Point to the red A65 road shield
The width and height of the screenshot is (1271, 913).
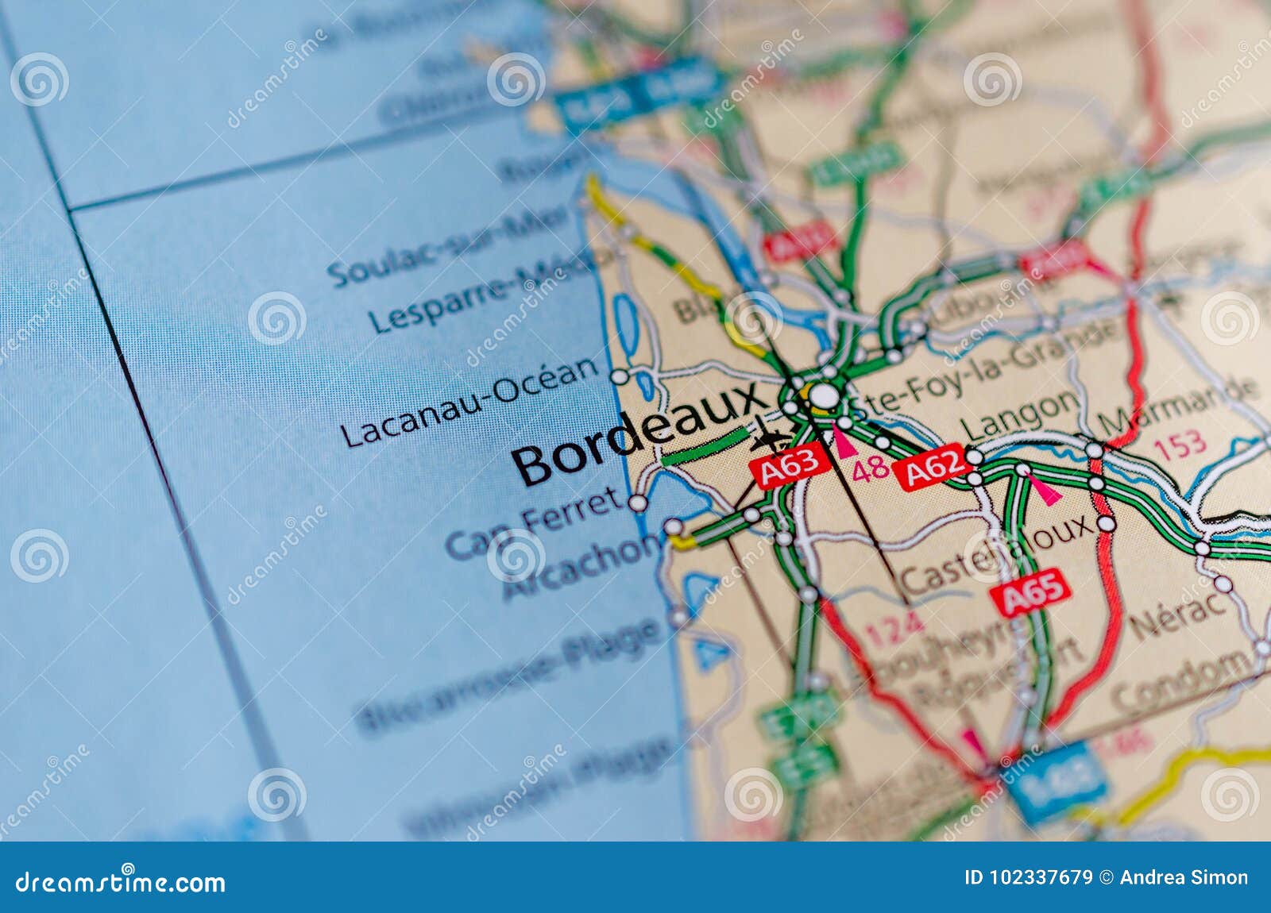pos(1030,592)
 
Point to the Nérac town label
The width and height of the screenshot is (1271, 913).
pos(1179,614)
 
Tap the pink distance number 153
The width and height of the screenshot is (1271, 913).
pos(1180,445)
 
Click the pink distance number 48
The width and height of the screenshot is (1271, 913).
pos(870,468)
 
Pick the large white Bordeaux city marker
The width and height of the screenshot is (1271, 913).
pos(825,395)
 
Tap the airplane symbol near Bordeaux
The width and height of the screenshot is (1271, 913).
pos(769,437)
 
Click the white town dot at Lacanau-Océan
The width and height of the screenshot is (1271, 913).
pos(619,376)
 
